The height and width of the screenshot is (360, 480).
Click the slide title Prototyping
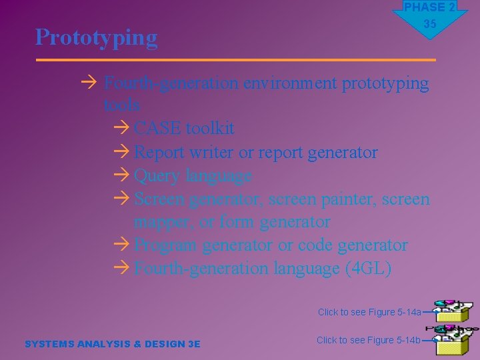97,37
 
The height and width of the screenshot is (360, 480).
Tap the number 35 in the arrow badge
430,24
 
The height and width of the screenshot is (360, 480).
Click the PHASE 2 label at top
429,7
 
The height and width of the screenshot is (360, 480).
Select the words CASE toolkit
184,128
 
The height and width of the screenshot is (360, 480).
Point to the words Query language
193,176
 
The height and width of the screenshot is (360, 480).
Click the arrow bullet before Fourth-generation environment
91,83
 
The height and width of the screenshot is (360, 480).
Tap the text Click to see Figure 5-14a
369,312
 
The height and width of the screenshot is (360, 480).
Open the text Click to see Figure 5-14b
369,340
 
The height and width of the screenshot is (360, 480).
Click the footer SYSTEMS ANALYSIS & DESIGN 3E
112,344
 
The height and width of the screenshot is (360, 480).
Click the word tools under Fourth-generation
122,105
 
